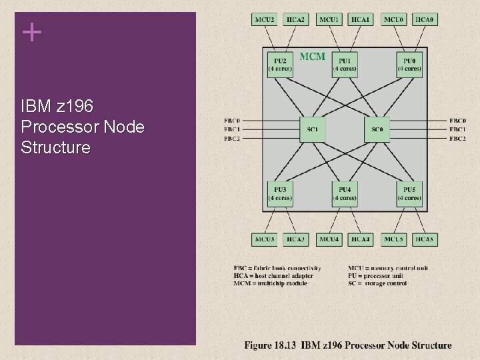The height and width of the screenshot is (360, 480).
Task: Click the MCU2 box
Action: tap(264, 20)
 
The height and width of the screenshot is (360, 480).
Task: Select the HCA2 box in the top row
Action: tap(296, 20)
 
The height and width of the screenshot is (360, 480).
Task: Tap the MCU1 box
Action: tap(329, 20)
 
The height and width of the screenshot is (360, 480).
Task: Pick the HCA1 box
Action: tap(361, 20)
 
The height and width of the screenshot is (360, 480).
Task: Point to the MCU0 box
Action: tap(393, 20)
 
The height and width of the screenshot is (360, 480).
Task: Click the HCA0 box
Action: tap(425, 20)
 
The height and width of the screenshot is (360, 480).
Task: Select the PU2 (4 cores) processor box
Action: tap(279, 65)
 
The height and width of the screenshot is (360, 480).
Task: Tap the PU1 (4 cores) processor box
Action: tap(345, 65)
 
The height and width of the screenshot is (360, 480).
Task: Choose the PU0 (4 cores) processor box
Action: tap(409, 65)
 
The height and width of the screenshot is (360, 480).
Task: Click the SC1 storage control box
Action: tap(312, 129)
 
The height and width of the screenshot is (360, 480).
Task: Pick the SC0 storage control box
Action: tap(377, 129)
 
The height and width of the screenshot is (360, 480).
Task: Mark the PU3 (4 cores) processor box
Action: tap(279, 194)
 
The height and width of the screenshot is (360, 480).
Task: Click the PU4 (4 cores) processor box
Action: tap(345, 194)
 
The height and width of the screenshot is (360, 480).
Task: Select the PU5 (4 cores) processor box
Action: tap(409, 194)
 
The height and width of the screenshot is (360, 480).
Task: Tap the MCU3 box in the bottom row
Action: tap(264, 239)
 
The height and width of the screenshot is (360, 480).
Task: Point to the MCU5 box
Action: tap(393, 239)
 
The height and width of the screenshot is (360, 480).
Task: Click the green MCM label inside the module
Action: tap(312, 57)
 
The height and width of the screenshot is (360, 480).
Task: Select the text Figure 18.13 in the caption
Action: tap(270, 345)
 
